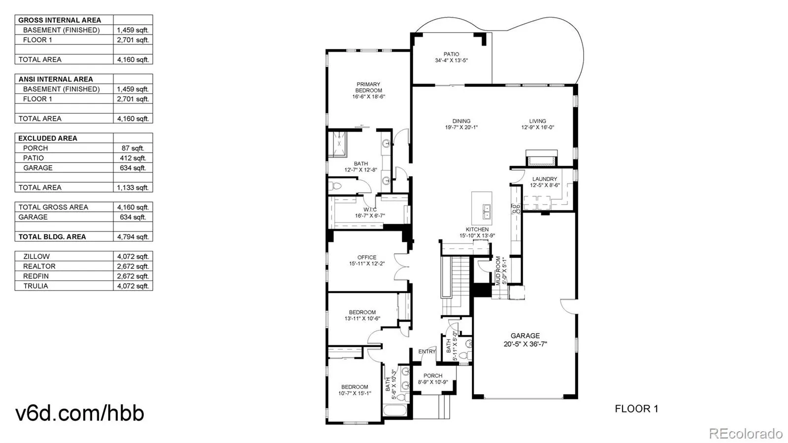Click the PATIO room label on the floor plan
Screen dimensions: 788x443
451,54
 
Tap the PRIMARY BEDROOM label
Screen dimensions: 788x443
368,87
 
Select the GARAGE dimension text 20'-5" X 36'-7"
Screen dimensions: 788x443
525,344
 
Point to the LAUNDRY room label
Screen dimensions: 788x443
545,179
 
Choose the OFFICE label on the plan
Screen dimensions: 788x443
367,257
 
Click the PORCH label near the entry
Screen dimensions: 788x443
433,375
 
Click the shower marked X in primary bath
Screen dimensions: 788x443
337,144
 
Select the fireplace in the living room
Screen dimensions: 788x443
542,158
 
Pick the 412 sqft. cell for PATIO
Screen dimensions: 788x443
133,158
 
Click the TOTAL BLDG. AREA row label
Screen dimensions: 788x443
52,237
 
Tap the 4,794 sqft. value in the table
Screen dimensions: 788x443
133,237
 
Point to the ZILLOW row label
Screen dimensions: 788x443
36,257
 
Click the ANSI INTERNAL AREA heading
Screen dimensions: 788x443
56,79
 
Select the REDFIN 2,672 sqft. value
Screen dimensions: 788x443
133,276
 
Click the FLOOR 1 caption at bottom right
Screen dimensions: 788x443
636,409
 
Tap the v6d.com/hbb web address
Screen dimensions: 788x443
80,413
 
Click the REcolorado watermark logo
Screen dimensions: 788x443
746,433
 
